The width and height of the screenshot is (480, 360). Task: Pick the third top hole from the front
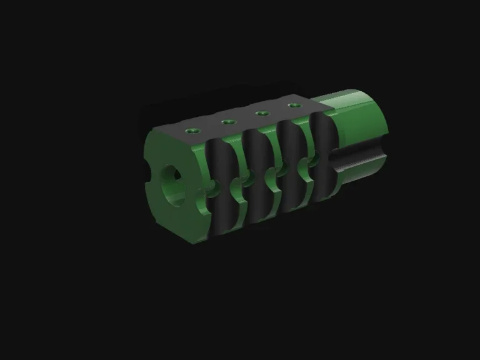pos(262,113)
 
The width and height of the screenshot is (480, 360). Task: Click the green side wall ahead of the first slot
pos(199,187)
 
